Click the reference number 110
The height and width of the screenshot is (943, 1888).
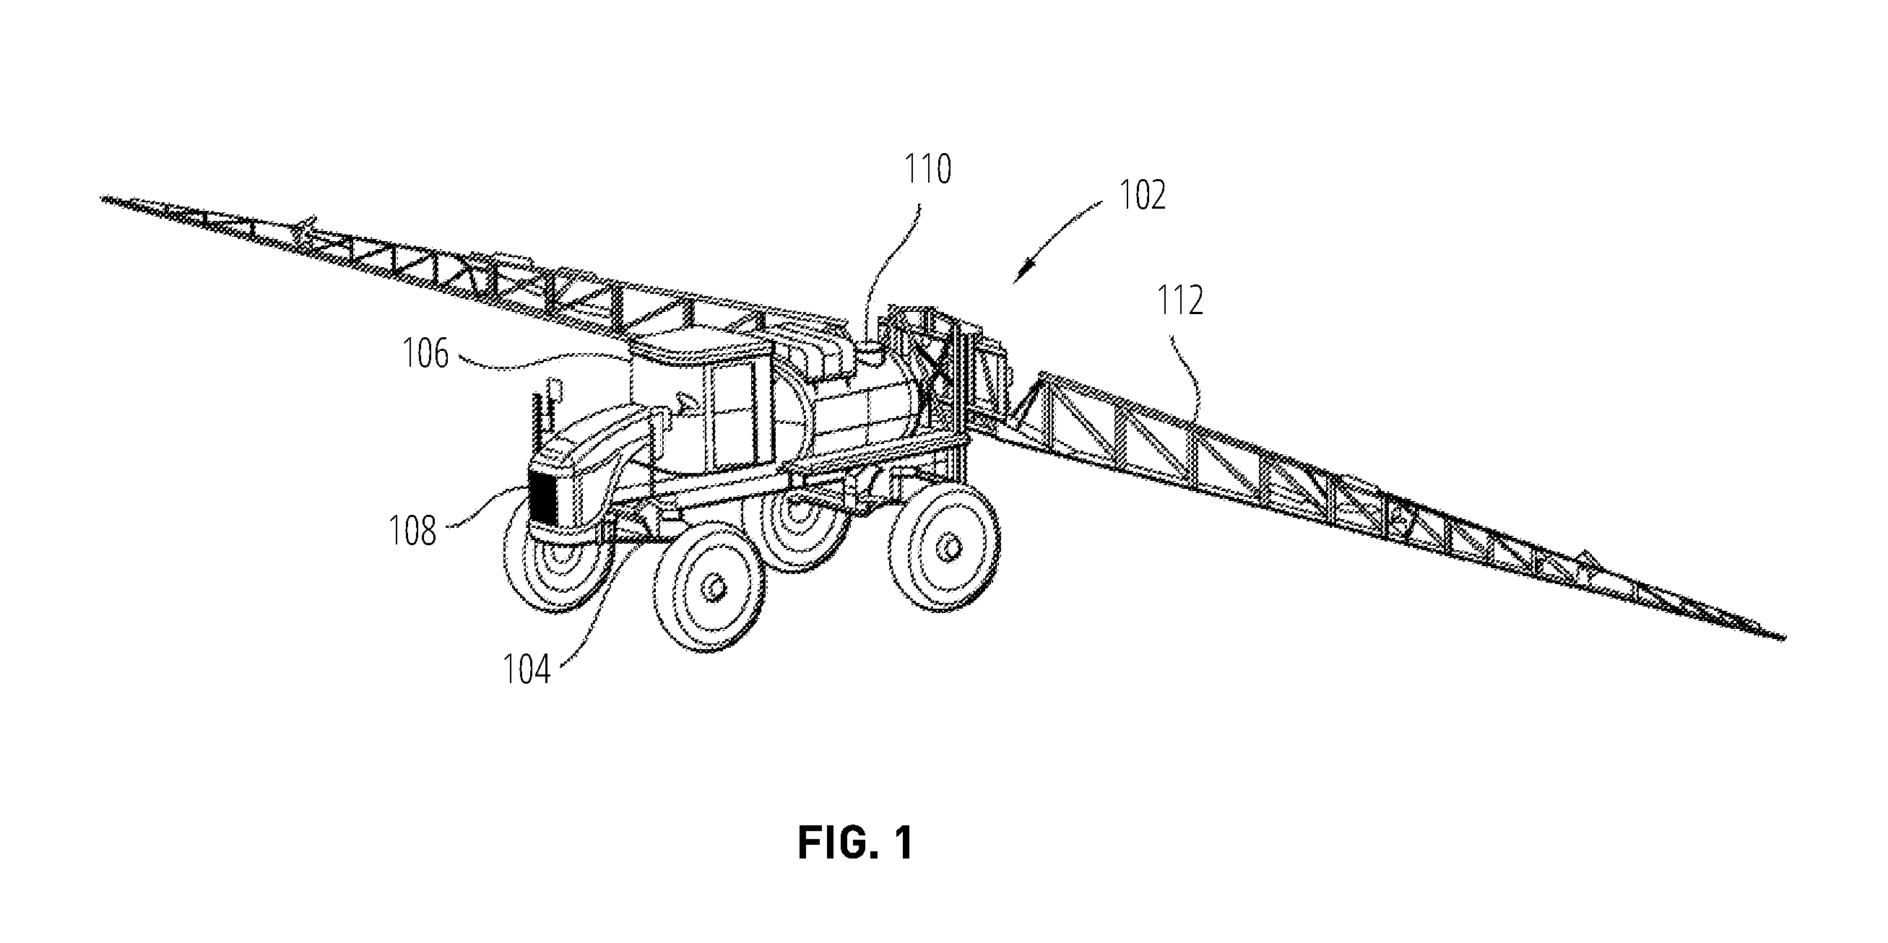tap(927, 169)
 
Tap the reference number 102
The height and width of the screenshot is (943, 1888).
tap(1142, 196)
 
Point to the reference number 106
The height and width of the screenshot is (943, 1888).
tap(426, 354)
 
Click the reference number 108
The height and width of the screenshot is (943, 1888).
tap(412, 531)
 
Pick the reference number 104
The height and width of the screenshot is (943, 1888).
tap(527, 669)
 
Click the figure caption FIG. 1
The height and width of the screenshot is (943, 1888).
tap(855, 843)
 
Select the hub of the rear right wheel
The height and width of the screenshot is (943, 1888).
tap(950, 547)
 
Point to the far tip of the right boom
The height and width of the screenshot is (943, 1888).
tap(1783, 638)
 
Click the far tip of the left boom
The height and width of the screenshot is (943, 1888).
tap(104, 197)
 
